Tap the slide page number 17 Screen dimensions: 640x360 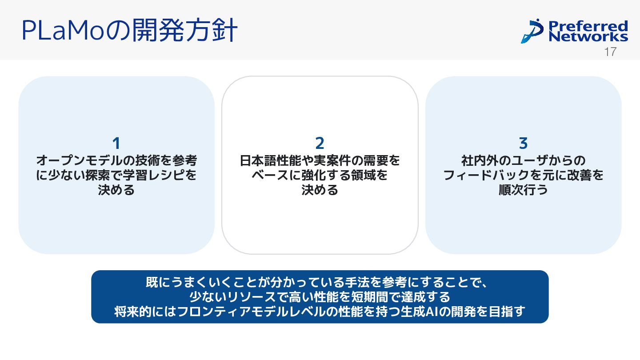(x=611, y=52)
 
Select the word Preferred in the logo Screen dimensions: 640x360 (x=588, y=26)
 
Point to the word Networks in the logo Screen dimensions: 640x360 (x=588, y=36)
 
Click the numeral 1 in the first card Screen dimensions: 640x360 (x=116, y=144)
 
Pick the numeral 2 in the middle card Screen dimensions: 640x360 (x=320, y=144)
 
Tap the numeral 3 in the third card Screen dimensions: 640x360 (x=523, y=144)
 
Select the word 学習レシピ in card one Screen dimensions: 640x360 (x=162, y=175)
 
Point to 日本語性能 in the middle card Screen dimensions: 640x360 (x=262, y=160)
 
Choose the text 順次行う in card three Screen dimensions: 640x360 (x=523, y=190)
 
